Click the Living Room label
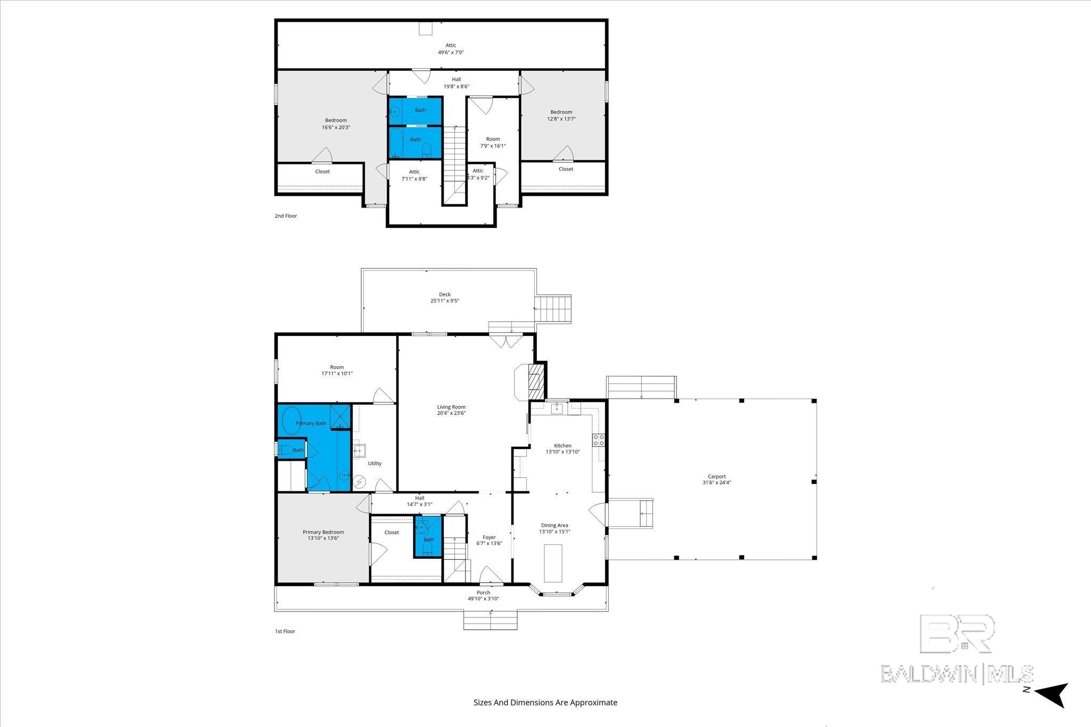coord(451,407)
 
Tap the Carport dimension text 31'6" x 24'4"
coord(717,483)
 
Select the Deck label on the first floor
coord(445,294)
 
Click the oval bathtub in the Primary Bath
coord(291,420)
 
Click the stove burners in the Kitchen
coord(598,440)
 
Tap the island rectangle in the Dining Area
coord(553,563)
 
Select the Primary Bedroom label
coord(323,532)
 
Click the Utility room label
coord(374,464)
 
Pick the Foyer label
coord(489,538)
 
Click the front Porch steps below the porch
coord(490,621)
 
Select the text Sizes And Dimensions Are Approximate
coord(545,702)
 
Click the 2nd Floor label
coord(286,216)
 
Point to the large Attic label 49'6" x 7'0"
coord(451,49)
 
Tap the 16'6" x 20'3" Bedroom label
coord(336,124)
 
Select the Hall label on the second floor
coord(456,79)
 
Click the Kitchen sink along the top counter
coord(557,408)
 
